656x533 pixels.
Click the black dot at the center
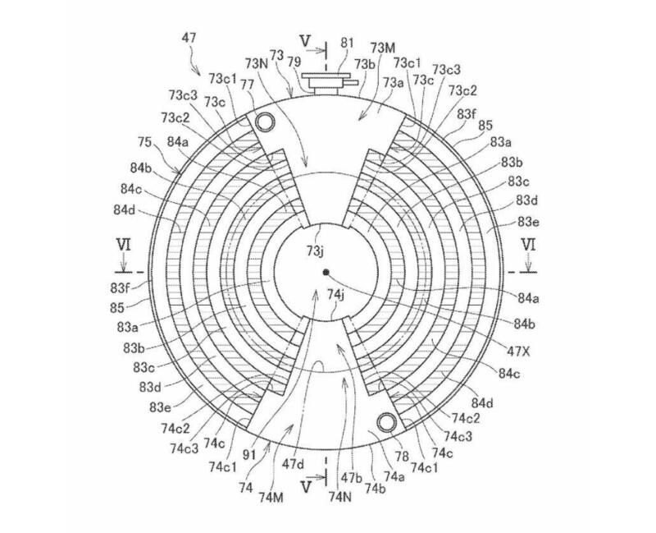point(326,272)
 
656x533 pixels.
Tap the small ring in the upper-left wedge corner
point(266,122)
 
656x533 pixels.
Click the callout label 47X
point(518,351)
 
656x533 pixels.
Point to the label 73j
point(314,250)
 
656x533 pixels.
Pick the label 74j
point(335,295)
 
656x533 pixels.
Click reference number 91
point(249,455)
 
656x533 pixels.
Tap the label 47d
point(294,464)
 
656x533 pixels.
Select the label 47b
point(352,478)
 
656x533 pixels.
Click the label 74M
point(271,498)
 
